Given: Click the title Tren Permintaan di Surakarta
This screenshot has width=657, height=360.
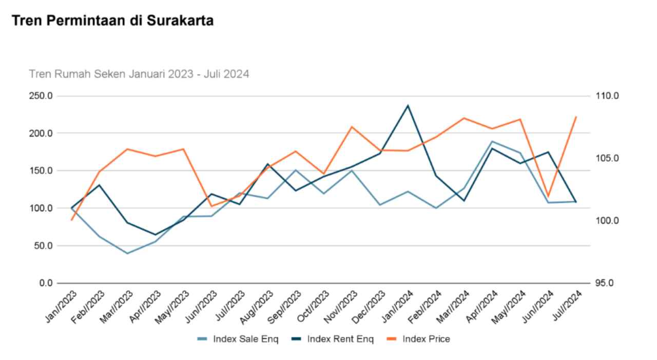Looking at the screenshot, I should coord(112,21).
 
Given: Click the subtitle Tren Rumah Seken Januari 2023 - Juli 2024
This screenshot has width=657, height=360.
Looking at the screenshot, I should coord(139,74).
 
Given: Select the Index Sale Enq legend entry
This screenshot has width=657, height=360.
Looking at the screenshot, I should coord(239,339).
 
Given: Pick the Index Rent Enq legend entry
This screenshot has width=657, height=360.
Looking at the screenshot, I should coord(334,339).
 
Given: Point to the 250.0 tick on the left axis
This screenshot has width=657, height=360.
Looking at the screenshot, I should coord(41,96).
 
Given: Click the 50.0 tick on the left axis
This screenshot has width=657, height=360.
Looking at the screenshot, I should coord(43,245).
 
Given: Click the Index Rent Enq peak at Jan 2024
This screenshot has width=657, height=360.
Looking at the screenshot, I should coord(408,106).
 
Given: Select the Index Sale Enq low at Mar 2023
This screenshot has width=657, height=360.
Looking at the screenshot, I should coord(127,253).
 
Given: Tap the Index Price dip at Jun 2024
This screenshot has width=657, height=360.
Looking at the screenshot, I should coord(548,196).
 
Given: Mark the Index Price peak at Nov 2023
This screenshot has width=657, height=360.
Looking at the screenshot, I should coord(352,127).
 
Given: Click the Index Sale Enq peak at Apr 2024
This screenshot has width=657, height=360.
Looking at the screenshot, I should coord(492,141).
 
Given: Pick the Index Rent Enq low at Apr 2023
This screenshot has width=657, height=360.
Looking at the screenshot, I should coord(156,235).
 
